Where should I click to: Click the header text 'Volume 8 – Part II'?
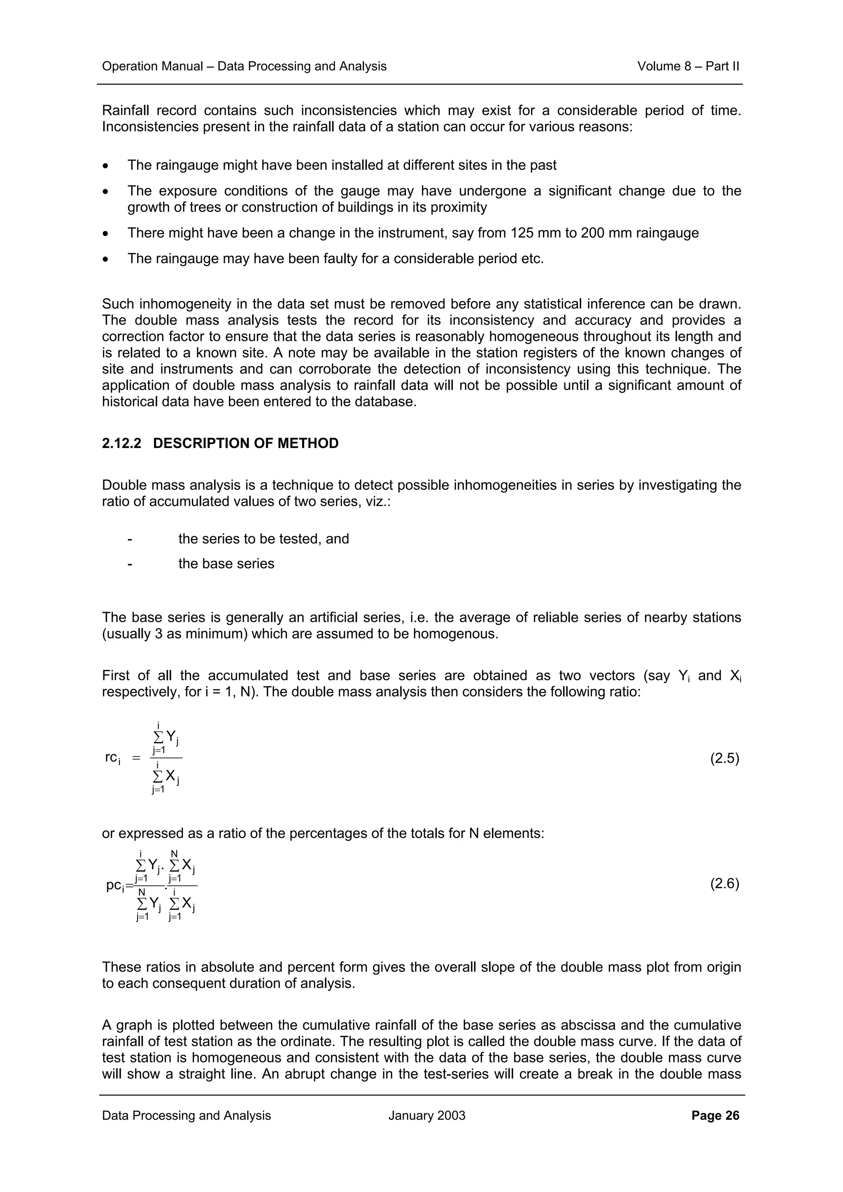click(688, 67)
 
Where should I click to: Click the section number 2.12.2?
click(121, 443)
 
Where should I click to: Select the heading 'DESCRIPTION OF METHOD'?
click(246, 443)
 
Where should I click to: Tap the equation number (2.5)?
click(724, 759)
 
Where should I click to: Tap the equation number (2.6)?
click(724, 884)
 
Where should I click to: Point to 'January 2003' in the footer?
click(426, 1115)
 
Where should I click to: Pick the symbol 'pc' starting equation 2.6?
click(114, 885)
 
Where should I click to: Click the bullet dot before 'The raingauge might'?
click(106, 166)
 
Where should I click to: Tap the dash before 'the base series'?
click(130, 564)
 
